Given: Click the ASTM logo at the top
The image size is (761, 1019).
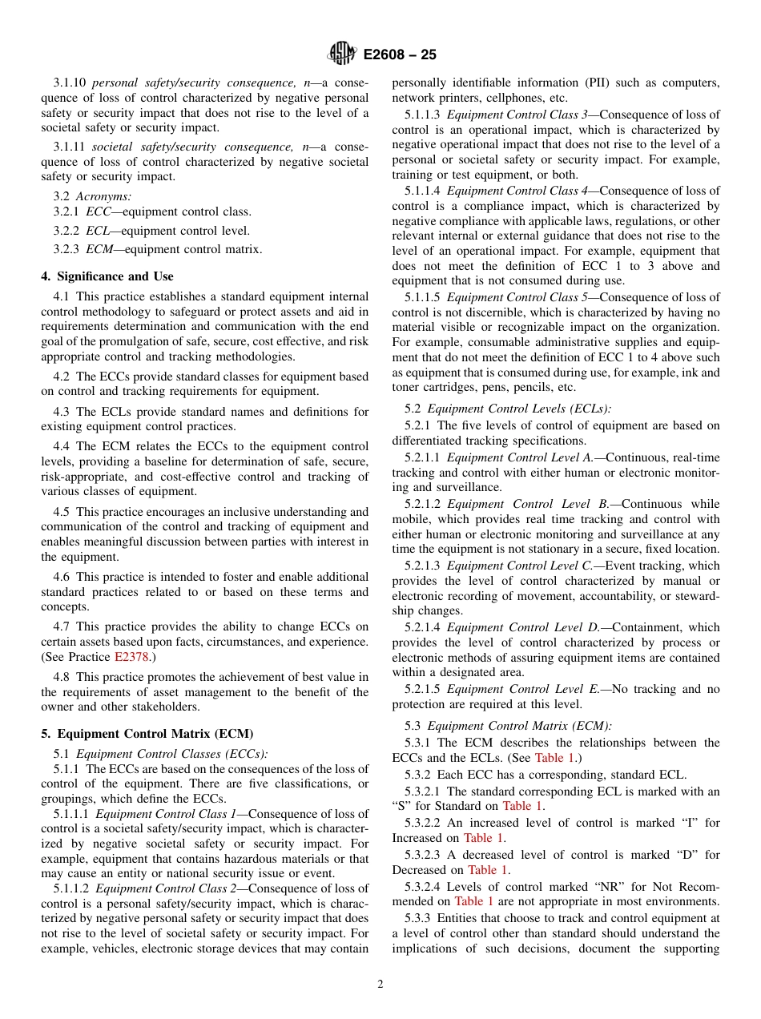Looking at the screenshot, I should (x=342, y=54).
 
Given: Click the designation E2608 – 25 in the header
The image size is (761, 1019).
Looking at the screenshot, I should (x=400, y=55).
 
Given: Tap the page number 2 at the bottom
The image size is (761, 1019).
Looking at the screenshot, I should (x=380, y=985).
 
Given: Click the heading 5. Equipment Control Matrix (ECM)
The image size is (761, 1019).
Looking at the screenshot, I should (x=147, y=734).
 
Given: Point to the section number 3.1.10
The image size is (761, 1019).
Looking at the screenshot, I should (x=70, y=83).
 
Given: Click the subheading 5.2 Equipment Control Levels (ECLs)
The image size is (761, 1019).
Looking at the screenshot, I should (x=507, y=409).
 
